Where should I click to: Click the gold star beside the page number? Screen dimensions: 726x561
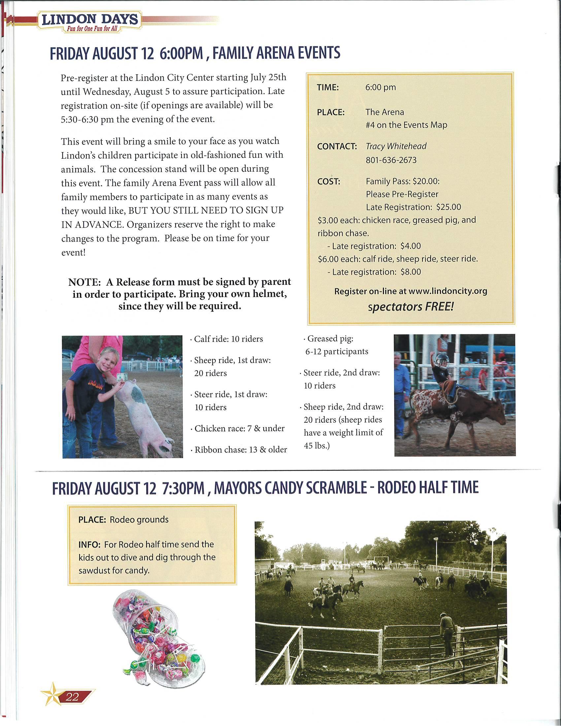pyautogui.click(x=52, y=694)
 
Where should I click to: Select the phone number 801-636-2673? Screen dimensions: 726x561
pyautogui.click(x=391, y=160)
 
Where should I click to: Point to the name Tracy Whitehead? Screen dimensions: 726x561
pyautogui.click(x=396, y=146)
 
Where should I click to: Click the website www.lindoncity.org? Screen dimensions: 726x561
pyautogui.click(x=448, y=291)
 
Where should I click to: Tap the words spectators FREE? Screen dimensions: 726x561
pyautogui.click(x=411, y=307)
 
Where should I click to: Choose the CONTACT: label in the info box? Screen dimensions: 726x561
pyautogui.click(x=337, y=146)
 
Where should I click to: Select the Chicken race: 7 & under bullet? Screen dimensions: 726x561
pyautogui.click(x=239, y=428)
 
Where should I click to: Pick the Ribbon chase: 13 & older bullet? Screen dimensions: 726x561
pyautogui.click(x=240, y=449)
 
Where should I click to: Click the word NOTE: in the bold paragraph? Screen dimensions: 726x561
pyautogui.click(x=84, y=282)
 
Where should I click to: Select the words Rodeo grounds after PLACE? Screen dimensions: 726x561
pyautogui.click(x=139, y=519)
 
